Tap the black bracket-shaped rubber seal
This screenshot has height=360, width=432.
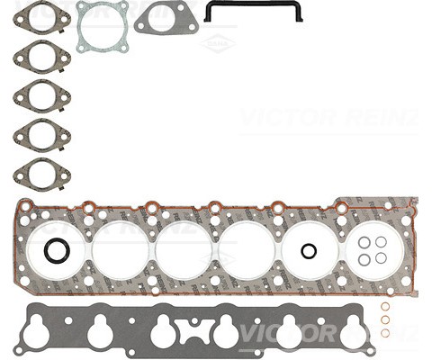252,10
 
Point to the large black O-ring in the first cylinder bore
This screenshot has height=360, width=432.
57,251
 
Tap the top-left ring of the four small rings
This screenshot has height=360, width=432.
364,242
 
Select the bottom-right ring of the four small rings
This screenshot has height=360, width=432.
381,258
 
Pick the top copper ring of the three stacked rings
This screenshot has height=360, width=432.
385,307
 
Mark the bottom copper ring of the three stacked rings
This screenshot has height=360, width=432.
385,332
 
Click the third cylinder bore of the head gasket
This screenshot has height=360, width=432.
184,250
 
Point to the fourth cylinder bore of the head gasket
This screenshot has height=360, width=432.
247,250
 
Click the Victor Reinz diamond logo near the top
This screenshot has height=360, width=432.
218,42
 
